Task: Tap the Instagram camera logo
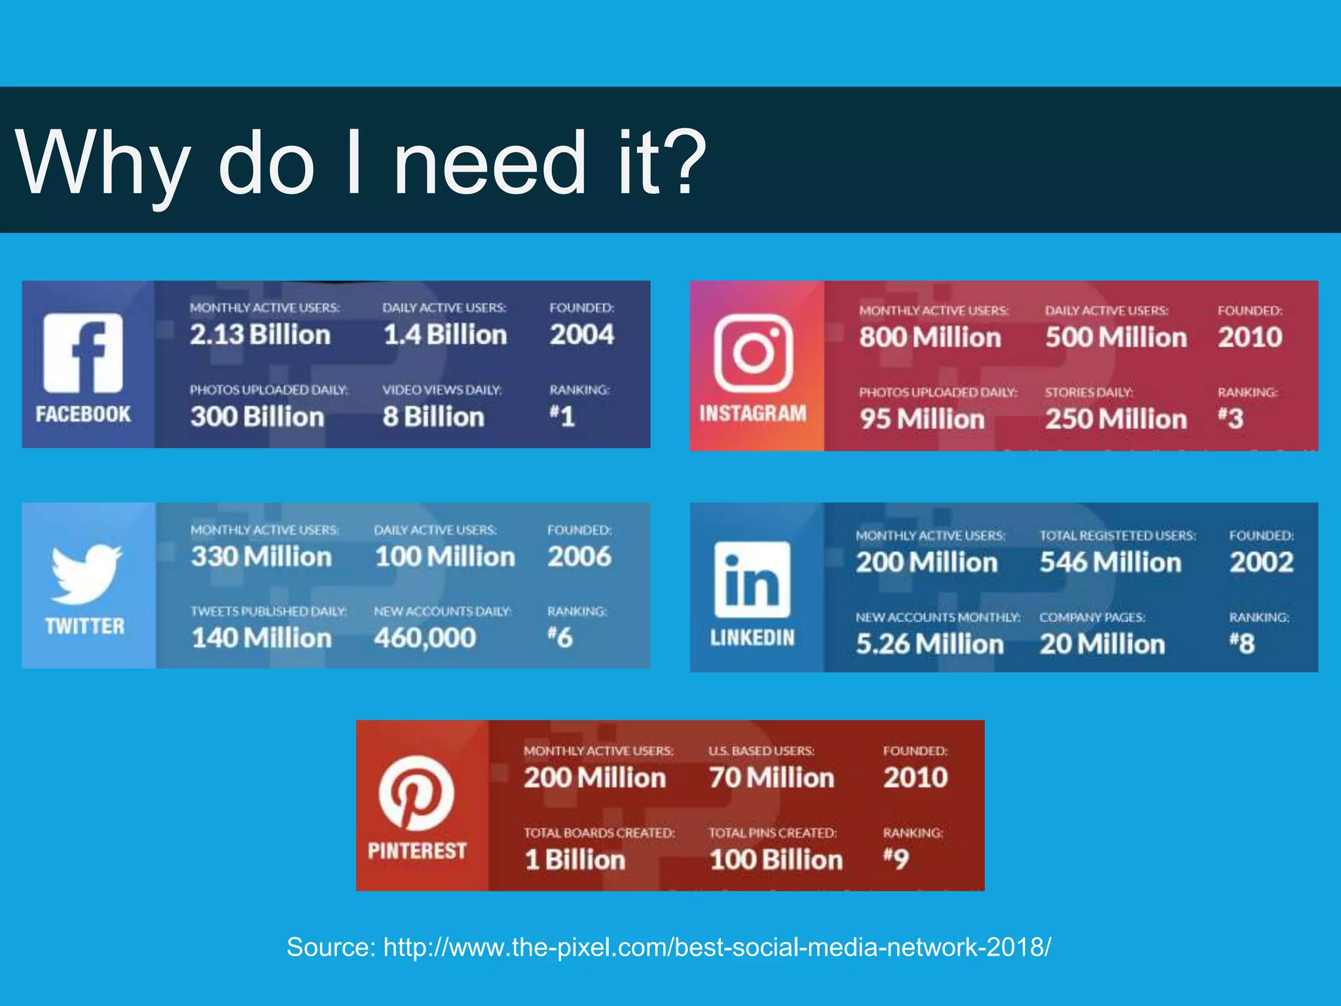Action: (x=753, y=352)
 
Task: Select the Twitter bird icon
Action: (x=85, y=573)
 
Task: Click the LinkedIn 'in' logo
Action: (x=752, y=579)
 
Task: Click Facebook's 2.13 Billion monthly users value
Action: (x=260, y=335)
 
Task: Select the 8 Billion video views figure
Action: (x=433, y=417)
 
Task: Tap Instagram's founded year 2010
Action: (x=1249, y=337)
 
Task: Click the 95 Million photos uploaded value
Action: (x=922, y=419)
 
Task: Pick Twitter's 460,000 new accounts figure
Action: (x=425, y=638)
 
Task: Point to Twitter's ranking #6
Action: (x=560, y=637)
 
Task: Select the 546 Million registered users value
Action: (x=1111, y=563)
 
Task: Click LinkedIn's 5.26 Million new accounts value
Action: (x=930, y=644)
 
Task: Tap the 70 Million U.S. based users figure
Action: (x=771, y=778)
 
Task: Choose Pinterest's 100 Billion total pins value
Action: (x=776, y=860)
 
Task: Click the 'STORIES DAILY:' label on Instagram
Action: (x=1088, y=392)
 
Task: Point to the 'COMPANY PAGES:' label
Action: (x=1092, y=618)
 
